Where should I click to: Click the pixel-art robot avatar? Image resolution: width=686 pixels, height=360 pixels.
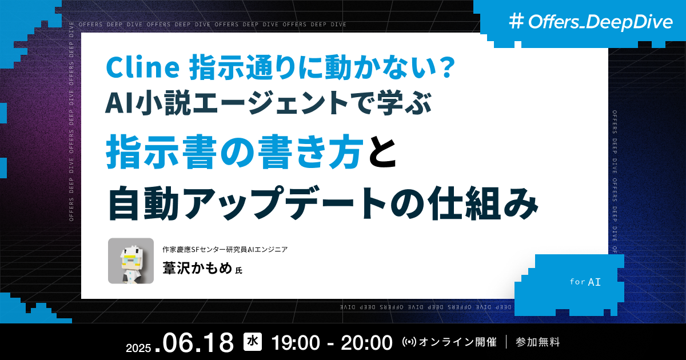131,261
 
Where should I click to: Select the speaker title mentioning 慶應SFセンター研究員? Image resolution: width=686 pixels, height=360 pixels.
224,249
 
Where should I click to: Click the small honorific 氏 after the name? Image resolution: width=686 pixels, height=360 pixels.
239,270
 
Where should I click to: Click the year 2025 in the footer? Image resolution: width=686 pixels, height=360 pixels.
138,347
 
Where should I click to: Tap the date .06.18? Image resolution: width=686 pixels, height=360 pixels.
198,343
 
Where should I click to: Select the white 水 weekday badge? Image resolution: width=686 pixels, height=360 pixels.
252,342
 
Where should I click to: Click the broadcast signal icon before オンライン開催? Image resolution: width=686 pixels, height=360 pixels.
410,343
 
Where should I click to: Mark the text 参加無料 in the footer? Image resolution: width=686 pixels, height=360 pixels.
537,343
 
